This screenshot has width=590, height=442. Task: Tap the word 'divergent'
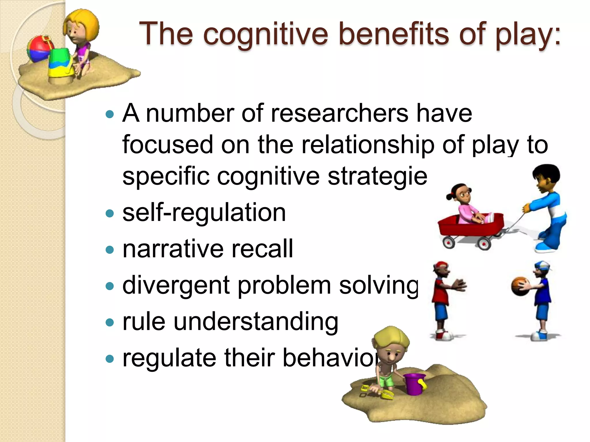point(176,285)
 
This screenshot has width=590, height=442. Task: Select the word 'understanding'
point(256,322)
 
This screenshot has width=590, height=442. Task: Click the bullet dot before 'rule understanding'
point(110,322)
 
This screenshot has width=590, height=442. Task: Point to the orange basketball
point(520,286)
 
